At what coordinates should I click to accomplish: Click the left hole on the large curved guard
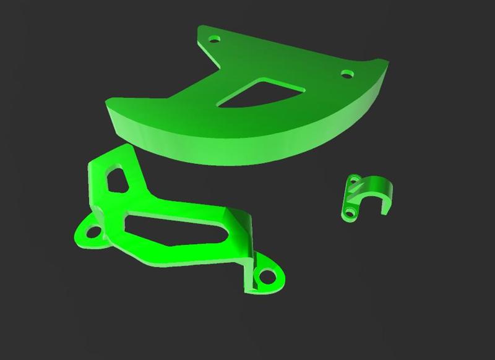pyautogui.click(x=215, y=39)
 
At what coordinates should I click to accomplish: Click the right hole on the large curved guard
pyautogui.click(x=347, y=74)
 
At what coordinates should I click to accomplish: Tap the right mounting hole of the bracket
pyautogui.click(x=269, y=274)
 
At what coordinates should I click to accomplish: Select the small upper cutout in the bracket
pyautogui.click(x=117, y=179)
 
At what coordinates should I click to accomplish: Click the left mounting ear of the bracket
pyautogui.click(x=87, y=235)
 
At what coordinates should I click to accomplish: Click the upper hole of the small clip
pyautogui.click(x=355, y=181)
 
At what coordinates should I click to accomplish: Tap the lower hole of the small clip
pyautogui.click(x=351, y=213)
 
